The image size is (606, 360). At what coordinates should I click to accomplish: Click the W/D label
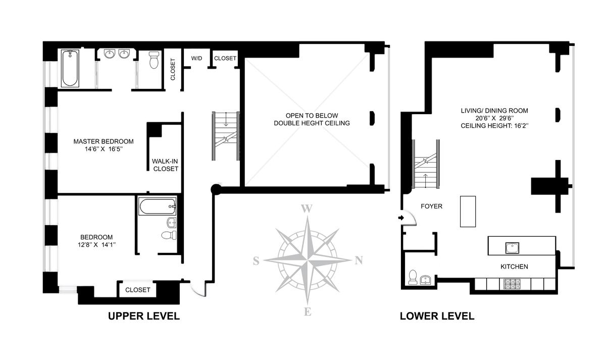click(x=196, y=58)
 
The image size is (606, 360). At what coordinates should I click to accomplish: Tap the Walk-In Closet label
click(x=165, y=165)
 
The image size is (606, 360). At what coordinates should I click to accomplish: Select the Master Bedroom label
click(x=104, y=145)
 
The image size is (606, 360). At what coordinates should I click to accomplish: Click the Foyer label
click(x=431, y=207)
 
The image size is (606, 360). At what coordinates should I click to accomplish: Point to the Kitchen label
click(x=514, y=267)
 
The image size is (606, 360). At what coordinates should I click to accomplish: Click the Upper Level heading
click(x=143, y=316)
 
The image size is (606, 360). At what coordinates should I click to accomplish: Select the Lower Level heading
click(x=437, y=316)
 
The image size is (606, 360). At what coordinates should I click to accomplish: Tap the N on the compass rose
click(x=359, y=261)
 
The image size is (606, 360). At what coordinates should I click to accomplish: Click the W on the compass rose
click(x=307, y=209)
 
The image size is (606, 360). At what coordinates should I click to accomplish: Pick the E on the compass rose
click(x=308, y=312)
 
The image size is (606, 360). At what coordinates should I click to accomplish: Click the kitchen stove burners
click(x=512, y=284)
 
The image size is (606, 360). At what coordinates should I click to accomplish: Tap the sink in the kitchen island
click(x=512, y=248)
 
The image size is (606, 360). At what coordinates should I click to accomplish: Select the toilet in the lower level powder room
click(x=413, y=277)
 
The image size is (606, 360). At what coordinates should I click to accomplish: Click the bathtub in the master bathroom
click(x=70, y=68)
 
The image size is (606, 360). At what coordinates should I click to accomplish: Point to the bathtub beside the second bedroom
click(x=158, y=207)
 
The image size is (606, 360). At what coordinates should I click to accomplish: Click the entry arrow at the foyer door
click(x=401, y=218)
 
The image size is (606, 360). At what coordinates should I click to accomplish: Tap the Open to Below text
click(x=312, y=116)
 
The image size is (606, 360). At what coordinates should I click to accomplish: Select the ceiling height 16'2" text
click(x=494, y=126)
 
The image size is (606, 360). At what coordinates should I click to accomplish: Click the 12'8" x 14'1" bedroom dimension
click(x=96, y=245)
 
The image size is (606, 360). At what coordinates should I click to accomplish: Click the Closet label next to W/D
click(x=225, y=58)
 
